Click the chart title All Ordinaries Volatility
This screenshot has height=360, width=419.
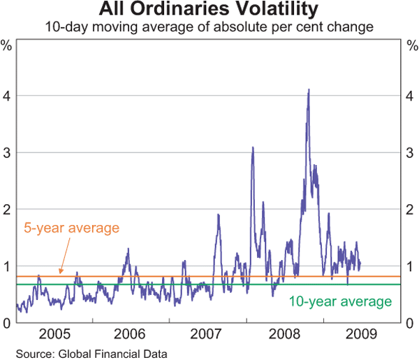click(209, 10)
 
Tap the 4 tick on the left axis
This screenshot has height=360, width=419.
click(8, 95)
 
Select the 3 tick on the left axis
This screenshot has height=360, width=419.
click(8, 152)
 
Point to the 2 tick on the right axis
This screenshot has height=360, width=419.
click(411, 209)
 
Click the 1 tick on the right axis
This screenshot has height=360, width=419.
click(411, 266)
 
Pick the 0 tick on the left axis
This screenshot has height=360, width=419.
click(8, 323)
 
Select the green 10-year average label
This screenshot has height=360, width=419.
click(340, 301)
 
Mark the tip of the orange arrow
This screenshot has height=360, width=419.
click(61, 274)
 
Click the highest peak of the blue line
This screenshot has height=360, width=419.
click(308, 90)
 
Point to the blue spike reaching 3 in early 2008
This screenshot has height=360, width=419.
click(252, 147)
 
